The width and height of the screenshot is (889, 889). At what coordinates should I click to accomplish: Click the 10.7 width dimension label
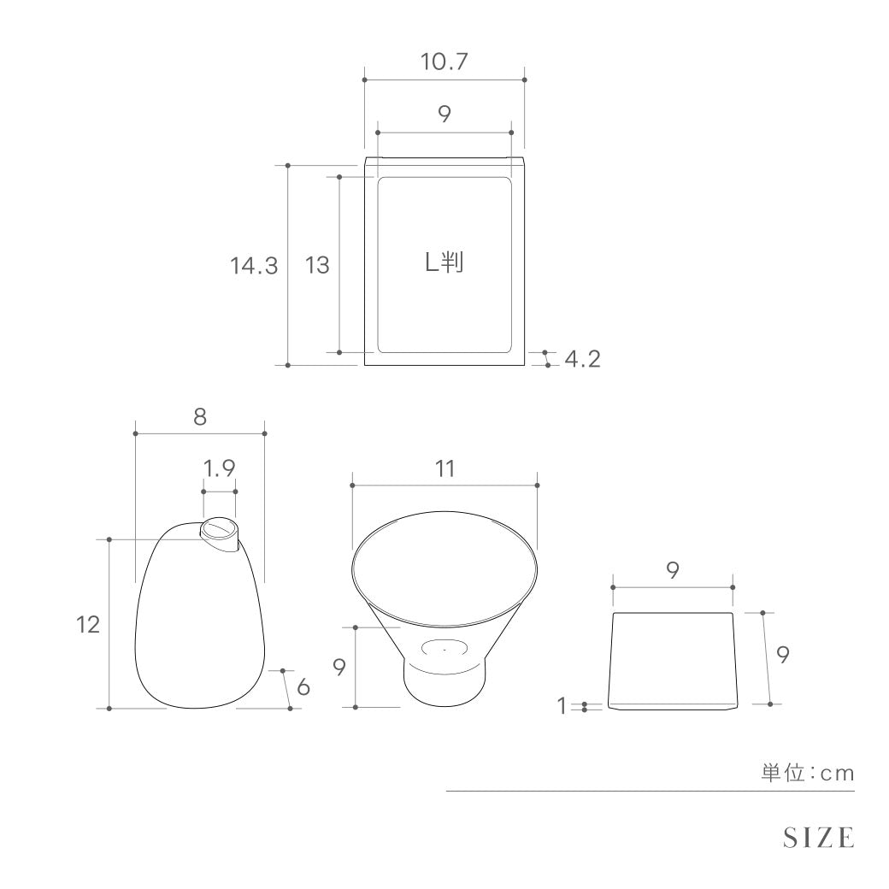(444, 62)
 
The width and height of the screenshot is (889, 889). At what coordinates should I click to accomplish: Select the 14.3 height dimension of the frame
(254, 265)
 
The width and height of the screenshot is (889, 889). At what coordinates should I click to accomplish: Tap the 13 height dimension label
(317, 265)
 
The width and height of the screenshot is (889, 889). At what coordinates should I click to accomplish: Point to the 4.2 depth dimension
(582, 359)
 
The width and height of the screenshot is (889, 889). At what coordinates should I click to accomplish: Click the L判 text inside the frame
(444, 262)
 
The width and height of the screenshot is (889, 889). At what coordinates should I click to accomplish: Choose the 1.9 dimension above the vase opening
(219, 468)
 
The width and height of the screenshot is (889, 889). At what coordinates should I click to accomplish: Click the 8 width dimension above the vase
(199, 417)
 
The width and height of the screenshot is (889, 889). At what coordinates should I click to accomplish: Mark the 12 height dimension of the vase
(88, 624)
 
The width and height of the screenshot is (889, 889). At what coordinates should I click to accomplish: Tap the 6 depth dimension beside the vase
(303, 686)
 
